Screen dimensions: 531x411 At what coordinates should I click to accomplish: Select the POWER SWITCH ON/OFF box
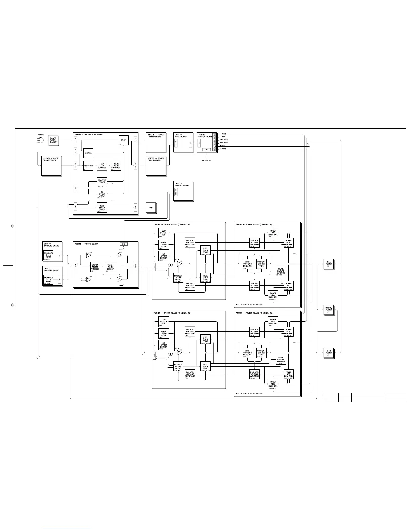point(53,140)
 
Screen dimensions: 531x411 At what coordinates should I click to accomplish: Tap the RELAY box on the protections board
point(123,140)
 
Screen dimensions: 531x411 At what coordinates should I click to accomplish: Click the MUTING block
point(88,153)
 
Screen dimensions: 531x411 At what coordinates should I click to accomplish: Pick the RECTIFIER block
point(88,166)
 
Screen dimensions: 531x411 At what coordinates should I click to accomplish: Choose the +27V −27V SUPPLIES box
point(102,166)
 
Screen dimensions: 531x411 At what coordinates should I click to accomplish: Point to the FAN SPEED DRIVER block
point(102,208)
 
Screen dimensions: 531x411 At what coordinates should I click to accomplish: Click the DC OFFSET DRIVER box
point(102,194)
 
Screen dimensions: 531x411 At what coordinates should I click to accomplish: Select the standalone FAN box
point(151,208)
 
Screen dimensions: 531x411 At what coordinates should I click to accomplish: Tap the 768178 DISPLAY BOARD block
point(183,191)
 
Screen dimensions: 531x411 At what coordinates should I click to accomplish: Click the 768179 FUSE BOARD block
point(183,142)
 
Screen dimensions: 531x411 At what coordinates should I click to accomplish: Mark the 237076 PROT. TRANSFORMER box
point(51,165)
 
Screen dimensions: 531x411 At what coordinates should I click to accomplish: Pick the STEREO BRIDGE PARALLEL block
point(95,267)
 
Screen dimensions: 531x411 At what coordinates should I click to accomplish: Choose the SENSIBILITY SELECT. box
point(110,267)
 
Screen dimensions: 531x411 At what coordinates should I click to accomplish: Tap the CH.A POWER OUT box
point(328,264)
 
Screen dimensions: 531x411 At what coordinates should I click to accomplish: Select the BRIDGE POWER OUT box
point(328,310)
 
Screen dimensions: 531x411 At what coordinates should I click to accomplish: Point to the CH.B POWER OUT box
point(328,353)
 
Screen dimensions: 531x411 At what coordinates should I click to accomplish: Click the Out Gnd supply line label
point(224,140)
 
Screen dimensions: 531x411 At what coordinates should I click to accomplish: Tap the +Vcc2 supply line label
point(223,134)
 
